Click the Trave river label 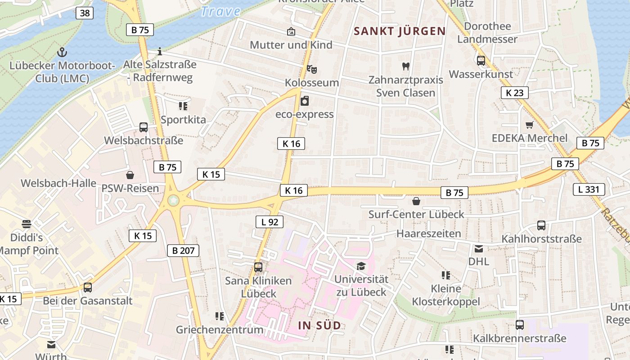(220, 11)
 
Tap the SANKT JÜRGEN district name (400, 31)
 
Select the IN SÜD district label (319, 325)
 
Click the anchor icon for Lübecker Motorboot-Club (63, 52)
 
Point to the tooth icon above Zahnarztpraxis (405, 66)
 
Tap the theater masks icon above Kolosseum (312, 69)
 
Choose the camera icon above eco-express (305, 100)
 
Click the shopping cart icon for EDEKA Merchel (529, 125)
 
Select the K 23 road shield (514, 93)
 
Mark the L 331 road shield (589, 189)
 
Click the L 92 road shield (270, 221)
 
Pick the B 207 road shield (183, 250)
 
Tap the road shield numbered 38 (85, 13)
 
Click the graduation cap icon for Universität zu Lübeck (361, 266)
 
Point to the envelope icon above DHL (478, 248)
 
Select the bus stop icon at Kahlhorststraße (541, 225)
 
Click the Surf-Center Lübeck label (416, 214)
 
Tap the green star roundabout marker (173, 200)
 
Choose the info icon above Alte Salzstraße (159, 51)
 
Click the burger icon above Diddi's (27, 224)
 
